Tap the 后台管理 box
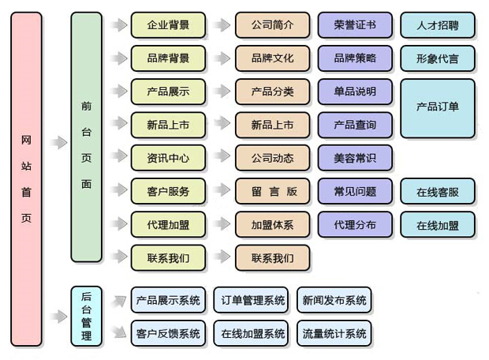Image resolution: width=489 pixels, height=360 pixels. [x=86, y=317]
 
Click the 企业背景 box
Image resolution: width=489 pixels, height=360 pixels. [x=167, y=25]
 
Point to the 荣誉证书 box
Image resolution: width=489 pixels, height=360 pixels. [x=355, y=25]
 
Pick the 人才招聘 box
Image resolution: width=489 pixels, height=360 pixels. [x=438, y=25]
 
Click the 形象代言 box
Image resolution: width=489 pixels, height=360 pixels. [x=438, y=58]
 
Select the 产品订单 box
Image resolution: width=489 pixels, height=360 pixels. [x=438, y=108]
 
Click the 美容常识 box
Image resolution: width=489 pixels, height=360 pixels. [x=355, y=158]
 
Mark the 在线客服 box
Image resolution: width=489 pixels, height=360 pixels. [x=438, y=191]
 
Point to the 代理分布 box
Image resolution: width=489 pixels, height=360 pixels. [x=355, y=224]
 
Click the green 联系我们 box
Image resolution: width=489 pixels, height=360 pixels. [x=167, y=257]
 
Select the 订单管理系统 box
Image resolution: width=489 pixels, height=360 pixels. [x=252, y=300]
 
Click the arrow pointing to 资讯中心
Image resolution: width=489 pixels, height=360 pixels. [x=118, y=158]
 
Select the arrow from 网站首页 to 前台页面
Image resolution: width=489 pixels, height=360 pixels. [x=58, y=143]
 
